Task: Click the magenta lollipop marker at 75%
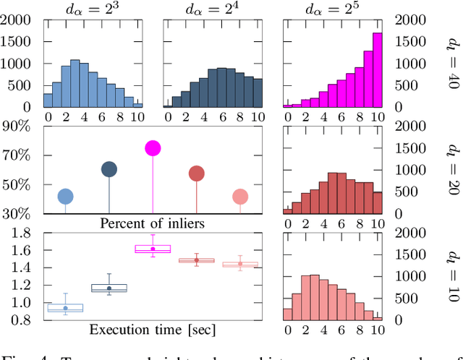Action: click(x=153, y=148)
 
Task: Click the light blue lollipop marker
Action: click(x=65, y=197)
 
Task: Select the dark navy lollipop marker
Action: click(x=109, y=170)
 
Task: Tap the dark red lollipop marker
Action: click(x=196, y=173)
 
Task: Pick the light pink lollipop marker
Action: click(x=240, y=197)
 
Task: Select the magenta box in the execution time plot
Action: click(x=153, y=249)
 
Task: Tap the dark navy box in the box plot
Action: click(x=109, y=288)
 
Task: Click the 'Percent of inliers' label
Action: click(x=152, y=223)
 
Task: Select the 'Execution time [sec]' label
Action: click(x=152, y=330)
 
